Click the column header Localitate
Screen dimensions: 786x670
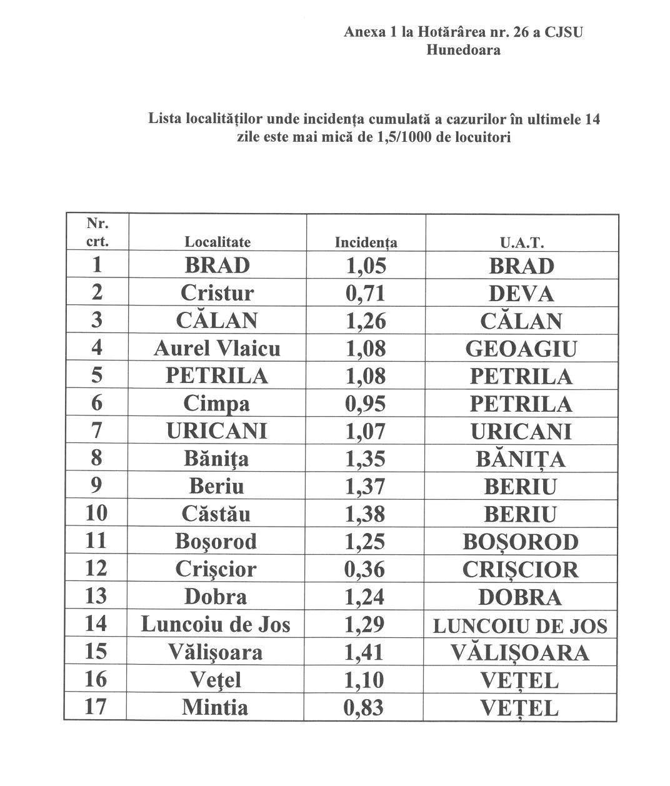click(x=217, y=242)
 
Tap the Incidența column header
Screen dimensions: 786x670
click(x=366, y=242)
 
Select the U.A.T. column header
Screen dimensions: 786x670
click(x=521, y=242)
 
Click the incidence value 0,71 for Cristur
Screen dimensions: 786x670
click(x=366, y=293)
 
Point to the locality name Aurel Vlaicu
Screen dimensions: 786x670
click(x=217, y=348)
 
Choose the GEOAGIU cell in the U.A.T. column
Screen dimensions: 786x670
click(x=521, y=349)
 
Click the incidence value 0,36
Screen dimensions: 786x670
click(x=366, y=569)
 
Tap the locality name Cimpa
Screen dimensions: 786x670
click(x=216, y=404)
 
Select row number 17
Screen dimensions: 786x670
click(x=96, y=707)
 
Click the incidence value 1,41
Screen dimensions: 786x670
click(x=366, y=652)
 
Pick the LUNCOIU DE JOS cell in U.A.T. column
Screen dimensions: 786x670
click(x=520, y=625)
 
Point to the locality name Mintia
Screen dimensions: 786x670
click(x=215, y=707)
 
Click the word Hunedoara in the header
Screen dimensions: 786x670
click(x=463, y=50)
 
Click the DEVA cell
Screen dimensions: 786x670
click(x=521, y=294)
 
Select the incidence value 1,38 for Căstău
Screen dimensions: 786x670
click(x=366, y=514)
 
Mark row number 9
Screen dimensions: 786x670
click(x=96, y=485)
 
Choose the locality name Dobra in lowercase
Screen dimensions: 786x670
click(x=216, y=597)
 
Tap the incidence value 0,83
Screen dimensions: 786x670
click(x=366, y=707)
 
